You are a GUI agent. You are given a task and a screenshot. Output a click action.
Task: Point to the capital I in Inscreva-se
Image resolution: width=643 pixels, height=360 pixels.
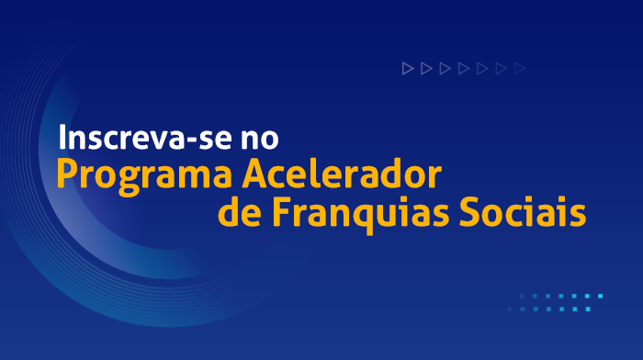pyautogui.click(x=62, y=138)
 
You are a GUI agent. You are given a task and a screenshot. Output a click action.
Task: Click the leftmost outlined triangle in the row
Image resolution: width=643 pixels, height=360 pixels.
pyautogui.click(x=407, y=68)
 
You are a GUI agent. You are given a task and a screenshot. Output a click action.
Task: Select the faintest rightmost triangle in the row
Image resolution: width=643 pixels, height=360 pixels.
pyautogui.click(x=521, y=68)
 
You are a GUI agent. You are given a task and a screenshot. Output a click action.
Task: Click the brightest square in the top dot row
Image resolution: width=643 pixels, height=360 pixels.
pyautogui.click(x=600, y=297)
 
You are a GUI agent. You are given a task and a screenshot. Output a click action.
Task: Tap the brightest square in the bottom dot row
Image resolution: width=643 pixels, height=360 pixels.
pyautogui.click(x=587, y=309)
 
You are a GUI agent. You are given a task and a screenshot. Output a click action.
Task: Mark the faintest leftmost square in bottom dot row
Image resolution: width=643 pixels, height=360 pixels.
pyautogui.click(x=510, y=309)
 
